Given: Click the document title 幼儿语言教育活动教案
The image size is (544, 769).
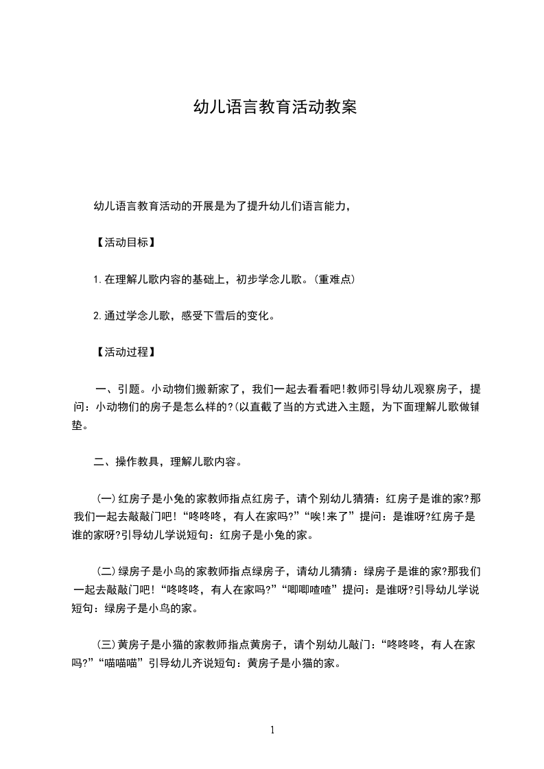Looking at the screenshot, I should click(x=275, y=108).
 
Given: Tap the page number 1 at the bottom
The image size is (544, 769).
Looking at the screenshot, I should click(x=272, y=730).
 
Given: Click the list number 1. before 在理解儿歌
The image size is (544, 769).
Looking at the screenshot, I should click(x=97, y=279).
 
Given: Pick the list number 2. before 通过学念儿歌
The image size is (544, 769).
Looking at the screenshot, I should click(x=97, y=316).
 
